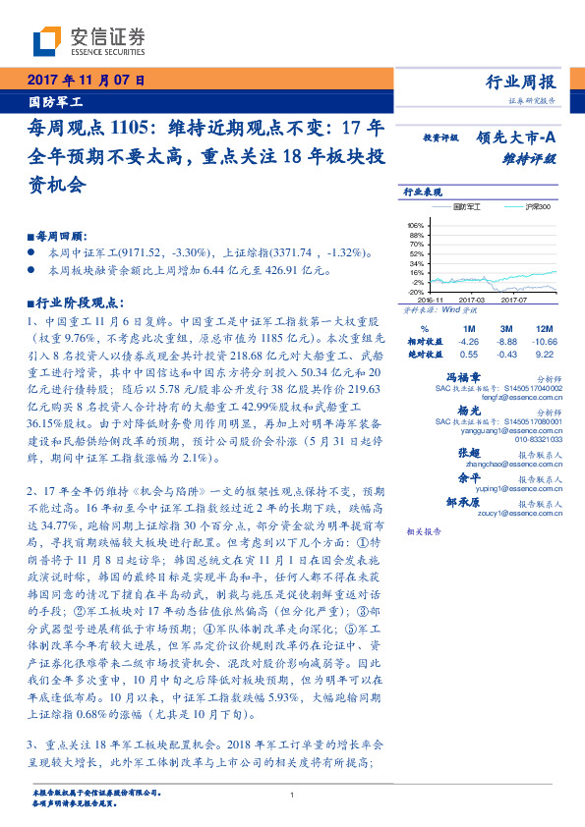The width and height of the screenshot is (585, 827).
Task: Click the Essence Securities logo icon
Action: pos(47,40)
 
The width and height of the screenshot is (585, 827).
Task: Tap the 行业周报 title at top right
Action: pos(521,82)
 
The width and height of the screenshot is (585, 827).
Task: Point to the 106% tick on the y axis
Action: pos(415,225)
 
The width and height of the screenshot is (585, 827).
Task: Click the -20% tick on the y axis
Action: pos(415,292)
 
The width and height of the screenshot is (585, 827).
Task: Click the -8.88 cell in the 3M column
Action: pos(507,341)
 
